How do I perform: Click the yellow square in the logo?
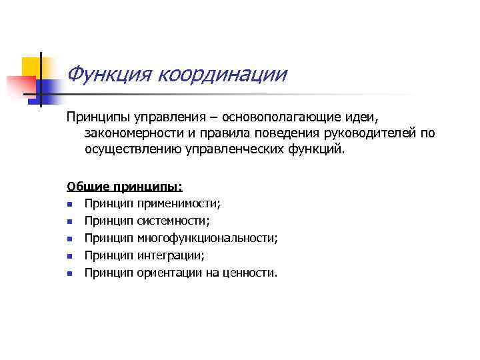point(31,67)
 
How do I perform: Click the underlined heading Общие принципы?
point(125,187)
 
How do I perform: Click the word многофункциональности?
point(207,237)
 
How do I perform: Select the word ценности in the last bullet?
point(251,272)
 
